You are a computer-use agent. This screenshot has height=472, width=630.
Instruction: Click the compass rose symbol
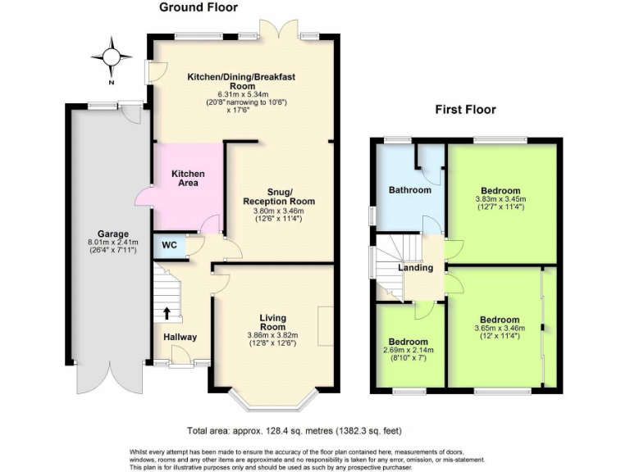click(x=112, y=57)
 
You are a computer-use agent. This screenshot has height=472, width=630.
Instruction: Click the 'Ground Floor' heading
click(x=198, y=8)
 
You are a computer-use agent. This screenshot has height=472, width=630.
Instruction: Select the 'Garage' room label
click(x=109, y=233)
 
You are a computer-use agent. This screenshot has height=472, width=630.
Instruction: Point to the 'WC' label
click(x=169, y=245)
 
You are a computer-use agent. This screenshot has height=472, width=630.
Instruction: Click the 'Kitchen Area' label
click(x=188, y=178)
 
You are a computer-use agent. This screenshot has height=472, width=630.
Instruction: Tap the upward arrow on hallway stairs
click(x=167, y=312)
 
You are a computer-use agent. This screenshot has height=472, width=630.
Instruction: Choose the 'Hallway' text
click(x=180, y=337)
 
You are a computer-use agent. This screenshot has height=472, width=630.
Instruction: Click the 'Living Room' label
click(x=272, y=321)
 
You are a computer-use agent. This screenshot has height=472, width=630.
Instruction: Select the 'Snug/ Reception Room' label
click(x=279, y=196)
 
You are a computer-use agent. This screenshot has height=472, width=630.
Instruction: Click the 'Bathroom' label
click(x=409, y=190)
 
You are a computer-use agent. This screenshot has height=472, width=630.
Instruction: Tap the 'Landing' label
click(x=415, y=267)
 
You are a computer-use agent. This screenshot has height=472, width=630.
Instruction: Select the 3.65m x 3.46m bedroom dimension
click(x=500, y=329)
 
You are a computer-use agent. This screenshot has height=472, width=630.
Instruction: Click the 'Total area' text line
click(x=294, y=430)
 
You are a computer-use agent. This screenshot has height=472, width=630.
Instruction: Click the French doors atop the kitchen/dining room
click(x=272, y=30)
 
